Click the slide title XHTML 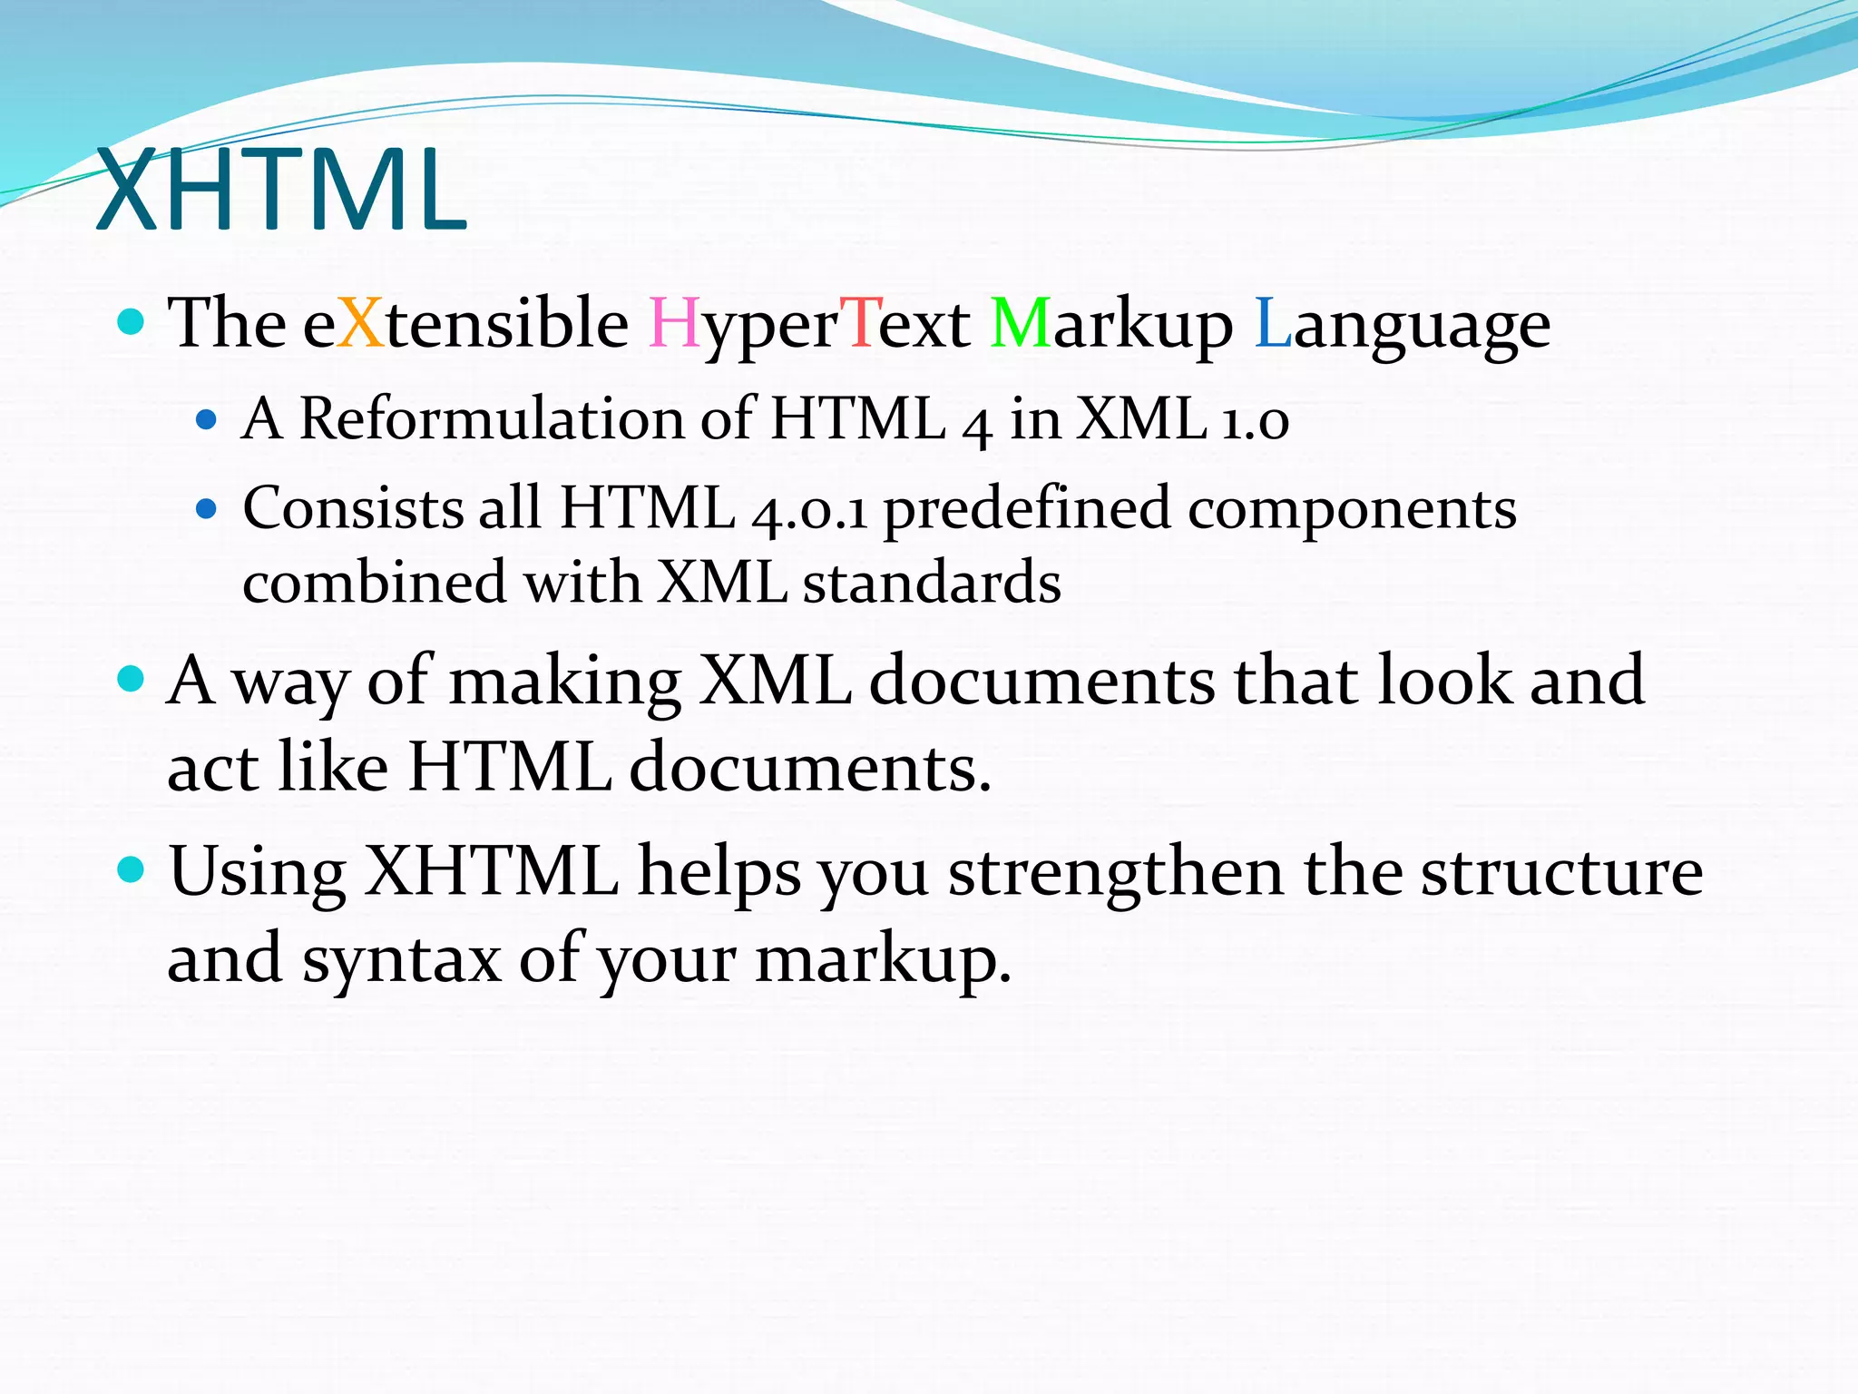(x=281, y=192)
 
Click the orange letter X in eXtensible (x=361, y=323)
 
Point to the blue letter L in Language (x=1272, y=323)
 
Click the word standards (x=932, y=583)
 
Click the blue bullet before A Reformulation (x=207, y=419)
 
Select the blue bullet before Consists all (x=207, y=508)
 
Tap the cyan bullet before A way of (x=132, y=679)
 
